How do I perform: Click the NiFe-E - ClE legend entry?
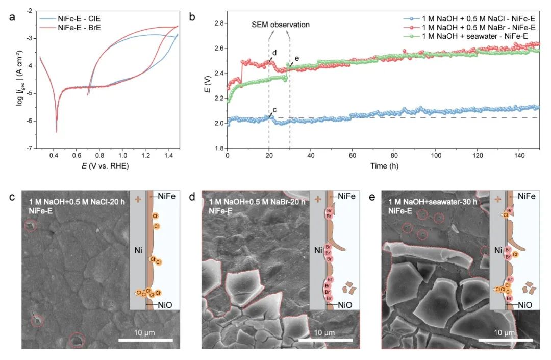(x=69, y=18)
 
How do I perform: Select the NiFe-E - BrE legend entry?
(x=69, y=27)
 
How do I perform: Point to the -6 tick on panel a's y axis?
(x=31, y=121)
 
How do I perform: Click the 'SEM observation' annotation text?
(x=281, y=24)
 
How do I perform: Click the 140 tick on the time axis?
(x=519, y=154)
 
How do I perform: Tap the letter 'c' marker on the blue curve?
(x=275, y=109)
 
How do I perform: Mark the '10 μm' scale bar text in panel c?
(x=145, y=332)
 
